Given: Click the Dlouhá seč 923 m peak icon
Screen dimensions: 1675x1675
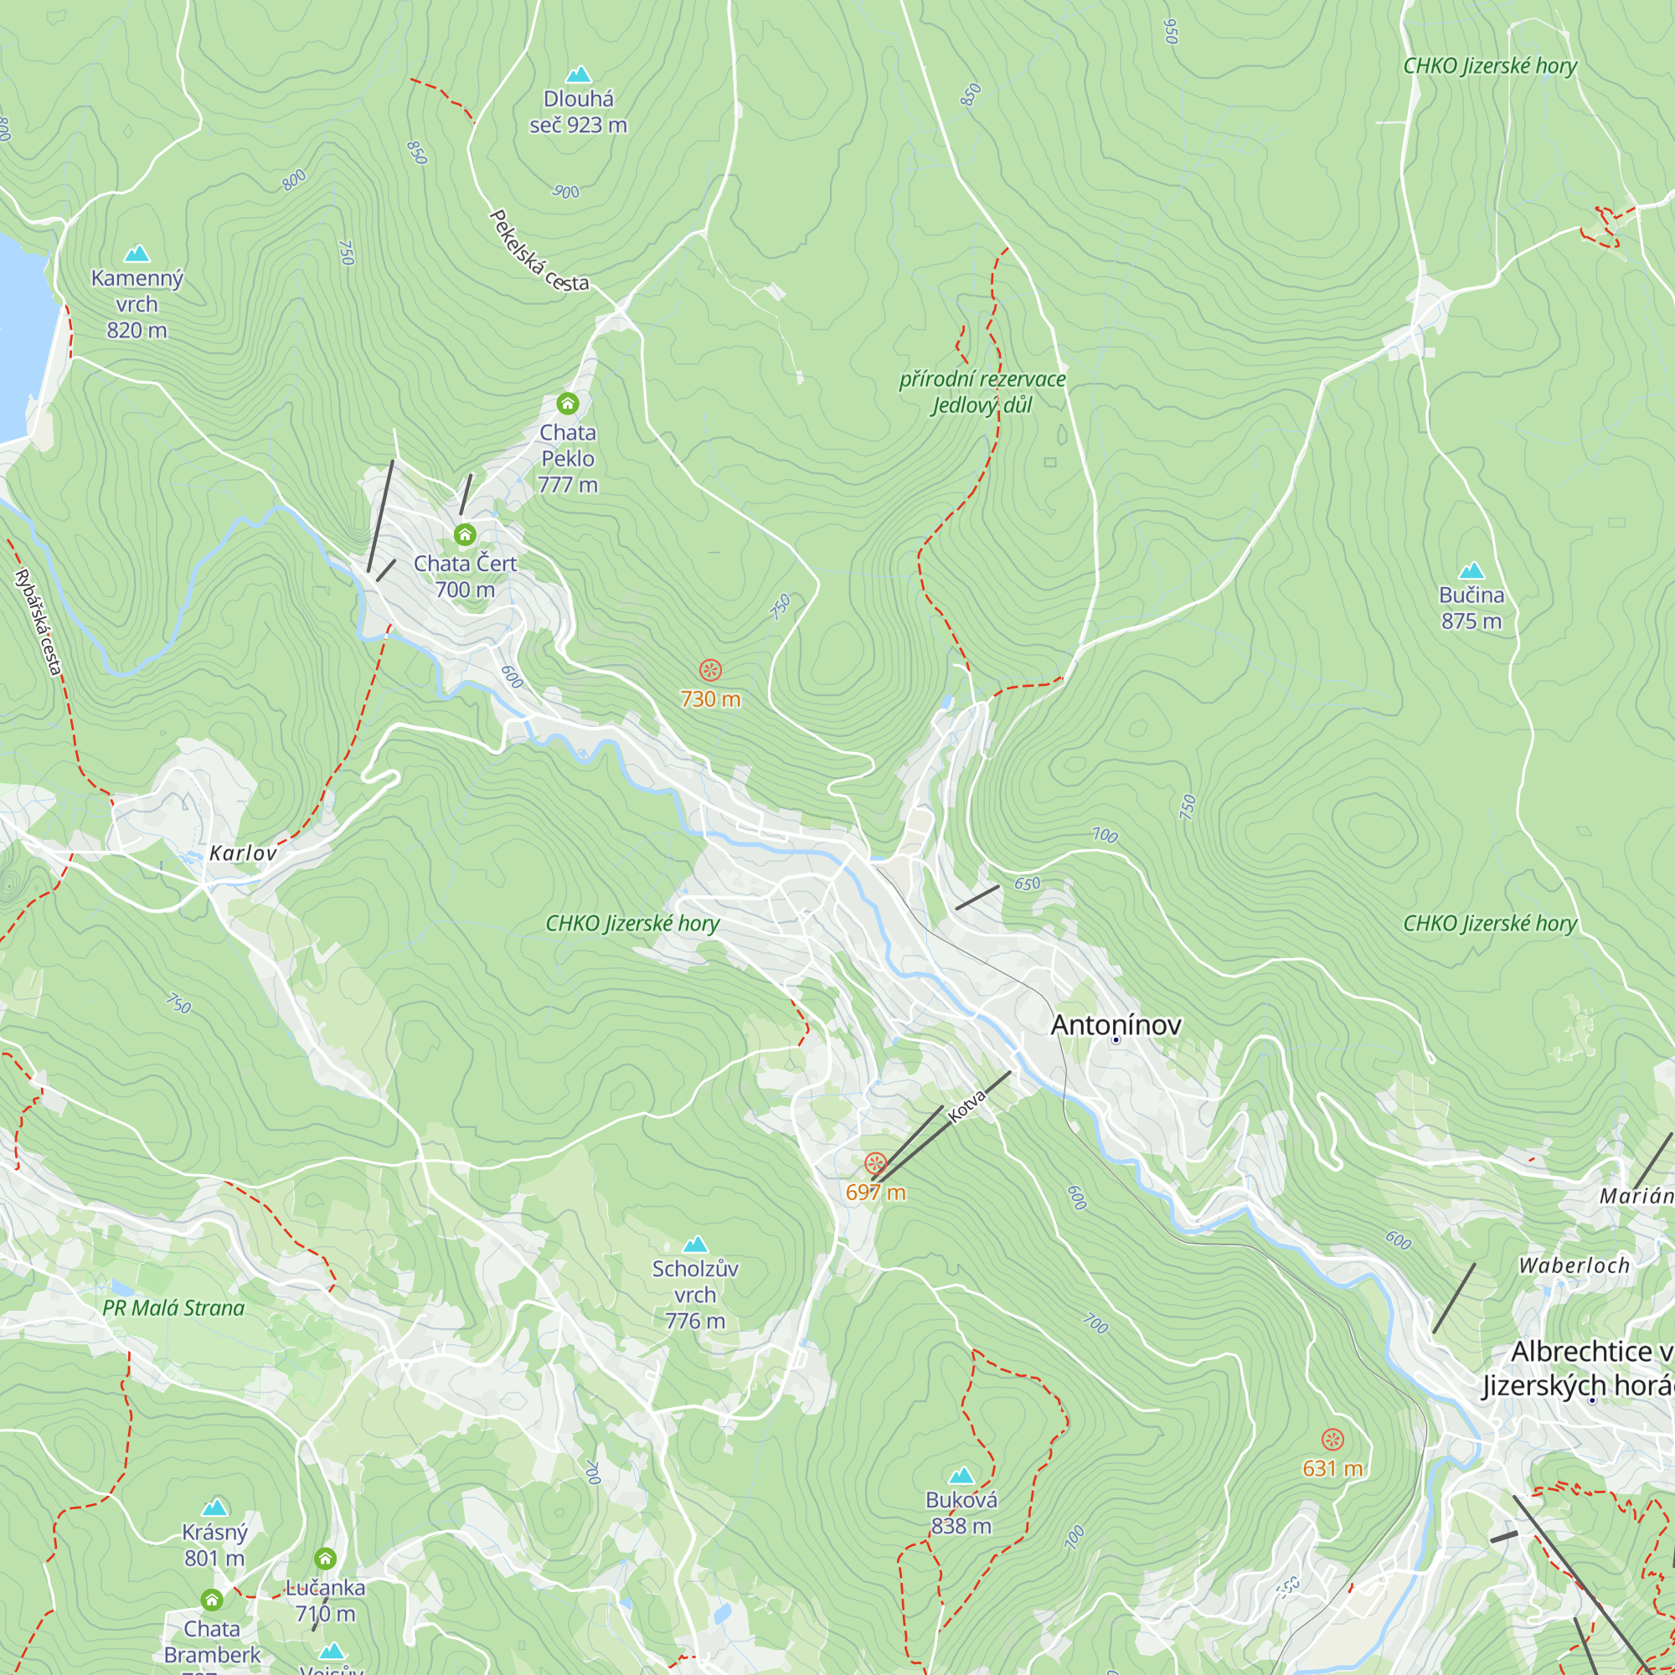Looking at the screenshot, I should (x=578, y=75).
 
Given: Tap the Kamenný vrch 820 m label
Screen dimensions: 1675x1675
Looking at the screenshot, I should (x=137, y=303).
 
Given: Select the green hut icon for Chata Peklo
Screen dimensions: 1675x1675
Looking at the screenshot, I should (x=567, y=403).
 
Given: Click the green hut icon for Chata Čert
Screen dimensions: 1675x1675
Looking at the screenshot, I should (x=465, y=534).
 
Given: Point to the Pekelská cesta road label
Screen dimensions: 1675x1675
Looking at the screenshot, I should (x=538, y=252).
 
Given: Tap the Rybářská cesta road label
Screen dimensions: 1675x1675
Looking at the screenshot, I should (x=39, y=621).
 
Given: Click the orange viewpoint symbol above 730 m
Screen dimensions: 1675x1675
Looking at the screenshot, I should (x=710, y=669).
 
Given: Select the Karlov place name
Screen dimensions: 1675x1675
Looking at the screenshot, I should (x=243, y=853).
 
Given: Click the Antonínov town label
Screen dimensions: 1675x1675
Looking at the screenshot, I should (x=1115, y=1025).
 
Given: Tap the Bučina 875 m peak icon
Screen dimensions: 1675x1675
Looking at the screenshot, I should (x=1471, y=570).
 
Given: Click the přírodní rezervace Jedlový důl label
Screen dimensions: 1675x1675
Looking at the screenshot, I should (x=982, y=392).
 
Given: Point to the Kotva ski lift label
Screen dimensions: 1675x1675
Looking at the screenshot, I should (x=966, y=1106).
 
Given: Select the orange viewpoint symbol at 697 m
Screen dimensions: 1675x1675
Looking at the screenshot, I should (x=875, y=1162).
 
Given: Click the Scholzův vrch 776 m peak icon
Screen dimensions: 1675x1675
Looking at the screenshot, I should (x=694, y=1245).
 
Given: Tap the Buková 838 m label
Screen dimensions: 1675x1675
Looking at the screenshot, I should (x=961, y=1512).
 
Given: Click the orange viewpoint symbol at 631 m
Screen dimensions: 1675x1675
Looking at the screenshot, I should (x=1332, y=1439).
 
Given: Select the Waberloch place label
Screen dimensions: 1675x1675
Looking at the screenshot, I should (x=1574, y=1265).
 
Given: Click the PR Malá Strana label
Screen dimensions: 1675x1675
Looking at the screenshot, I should (x=173, y=1307).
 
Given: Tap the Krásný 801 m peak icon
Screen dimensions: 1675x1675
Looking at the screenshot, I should (x=214, y=1507).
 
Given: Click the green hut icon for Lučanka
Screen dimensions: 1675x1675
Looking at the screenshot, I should (x=325, y=1559).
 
